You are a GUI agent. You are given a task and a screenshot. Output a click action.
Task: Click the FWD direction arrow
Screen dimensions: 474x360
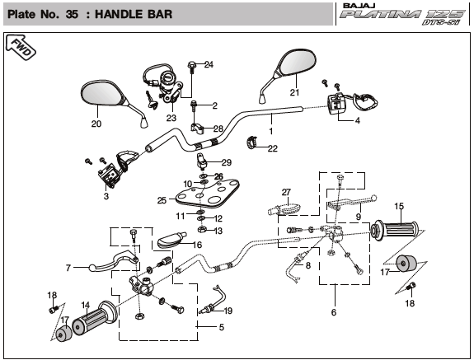click(x=21, y=47)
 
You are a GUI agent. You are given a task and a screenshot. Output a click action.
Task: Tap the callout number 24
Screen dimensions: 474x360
click(x=209, y=64)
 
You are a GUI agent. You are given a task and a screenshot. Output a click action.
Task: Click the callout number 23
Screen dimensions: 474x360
click(x=171, y=118)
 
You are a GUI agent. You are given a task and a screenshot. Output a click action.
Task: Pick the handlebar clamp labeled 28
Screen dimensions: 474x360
click(x=197, y=127)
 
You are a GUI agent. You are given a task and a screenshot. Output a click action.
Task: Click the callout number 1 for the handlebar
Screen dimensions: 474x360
click(x=271, y=131)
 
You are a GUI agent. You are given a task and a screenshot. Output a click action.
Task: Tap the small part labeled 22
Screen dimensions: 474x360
click(x=251, y=142)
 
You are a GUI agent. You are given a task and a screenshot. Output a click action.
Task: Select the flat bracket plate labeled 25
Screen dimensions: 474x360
click(x=208, y=194)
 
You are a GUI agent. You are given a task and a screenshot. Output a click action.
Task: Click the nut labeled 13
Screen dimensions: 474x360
click(x=202, y=230)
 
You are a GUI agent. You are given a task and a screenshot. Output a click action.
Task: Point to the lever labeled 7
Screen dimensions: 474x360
click(x=114, y=260)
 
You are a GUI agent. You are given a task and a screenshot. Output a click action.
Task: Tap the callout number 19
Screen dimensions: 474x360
click(x=228, y=311)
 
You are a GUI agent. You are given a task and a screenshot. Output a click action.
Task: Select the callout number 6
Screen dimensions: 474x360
click(x=334, y=312)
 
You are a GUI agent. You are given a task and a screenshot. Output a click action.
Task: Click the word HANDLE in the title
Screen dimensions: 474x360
click(x=134, y=14)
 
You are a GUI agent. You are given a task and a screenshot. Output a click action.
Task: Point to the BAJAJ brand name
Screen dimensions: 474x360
click(x=359, y=6)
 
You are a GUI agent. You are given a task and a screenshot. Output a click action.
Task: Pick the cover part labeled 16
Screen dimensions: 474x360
click(x=171, y=241)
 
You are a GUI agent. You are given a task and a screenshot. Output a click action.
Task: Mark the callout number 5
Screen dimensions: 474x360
click(x=222, y=327)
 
